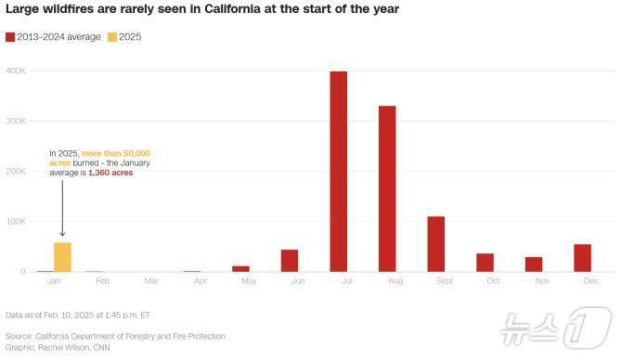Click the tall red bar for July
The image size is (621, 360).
[x=338, y=172]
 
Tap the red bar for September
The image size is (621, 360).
[x=435, y=243]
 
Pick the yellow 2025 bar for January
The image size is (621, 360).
[x=62, y=257]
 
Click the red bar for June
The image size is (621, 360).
[x=290, y=261]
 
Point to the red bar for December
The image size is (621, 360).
[x=582, y=258]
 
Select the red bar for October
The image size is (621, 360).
[x=485, y=263]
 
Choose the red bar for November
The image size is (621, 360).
[x=534, y=264]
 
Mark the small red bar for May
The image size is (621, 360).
[x=240, y=268]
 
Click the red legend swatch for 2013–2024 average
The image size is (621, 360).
[x=10, y=37]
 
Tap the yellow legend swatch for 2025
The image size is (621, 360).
[x=112, y=37]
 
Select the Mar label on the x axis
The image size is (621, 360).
[x=151, y=280]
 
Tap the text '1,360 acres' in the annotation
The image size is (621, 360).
[x=110, y=173]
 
